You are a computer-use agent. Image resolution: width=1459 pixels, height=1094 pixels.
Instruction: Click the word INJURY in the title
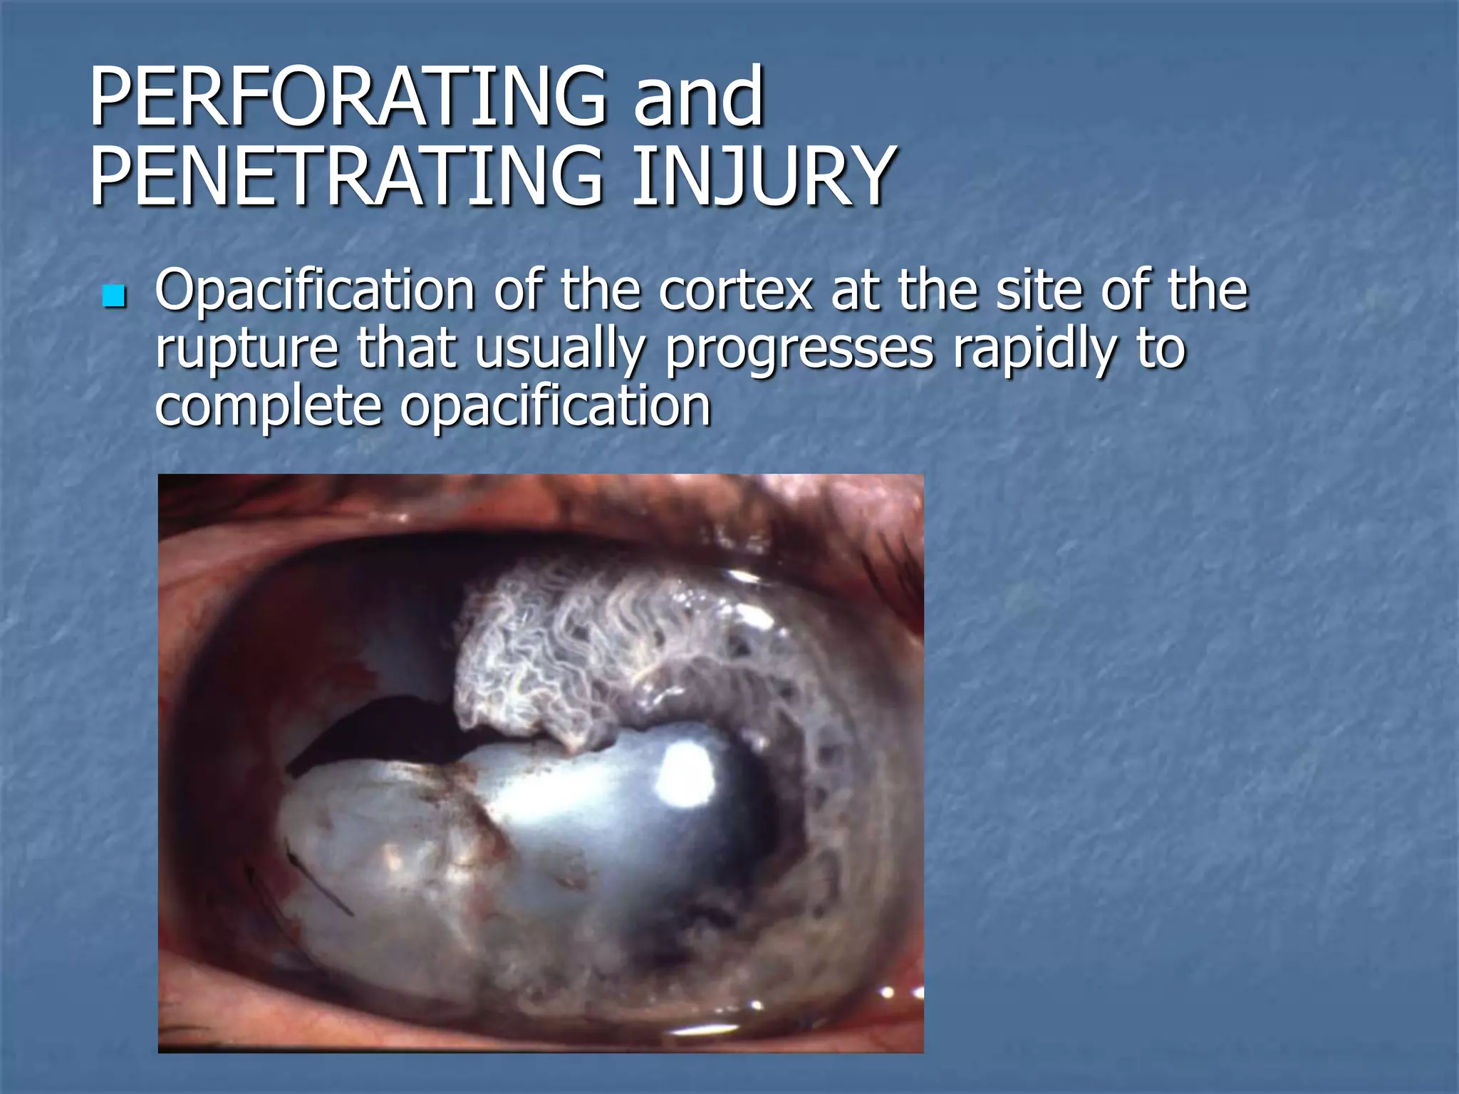pyautogui.click(x=762, y=176)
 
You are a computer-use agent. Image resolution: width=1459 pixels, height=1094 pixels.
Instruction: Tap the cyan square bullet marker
pyautogui.click(x=114, y=296)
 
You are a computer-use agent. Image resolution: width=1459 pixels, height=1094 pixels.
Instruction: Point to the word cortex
pyautogui.click(x=735, y=291)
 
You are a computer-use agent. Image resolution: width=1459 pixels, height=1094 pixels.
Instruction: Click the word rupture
pyautogui.click(x=246, y=349)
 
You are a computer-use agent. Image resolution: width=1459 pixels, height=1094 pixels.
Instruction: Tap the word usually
pyautogui.click(x=560, y=349)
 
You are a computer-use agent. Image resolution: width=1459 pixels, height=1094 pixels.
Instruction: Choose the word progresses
pyautogui.click(x=799, y=349)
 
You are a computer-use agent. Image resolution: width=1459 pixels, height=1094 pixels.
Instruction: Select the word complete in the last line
pyautogui.click(x=267, y=407)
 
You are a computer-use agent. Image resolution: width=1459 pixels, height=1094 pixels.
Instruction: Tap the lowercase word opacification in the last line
pyautogui.click(x=555, y=407)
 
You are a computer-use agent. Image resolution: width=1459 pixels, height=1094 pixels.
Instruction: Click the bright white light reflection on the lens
pyautogui.click(x=687, y=773)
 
